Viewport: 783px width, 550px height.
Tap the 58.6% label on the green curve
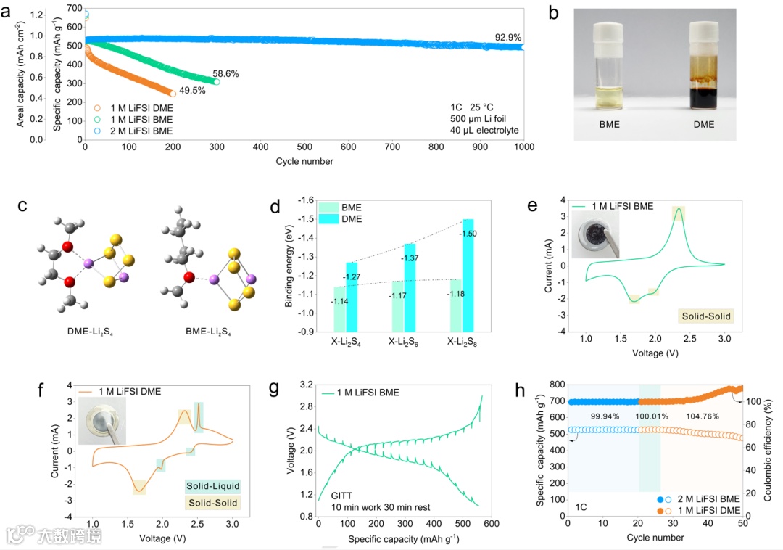coord(225,73)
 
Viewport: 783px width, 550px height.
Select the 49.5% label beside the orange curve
coord(194,90)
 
